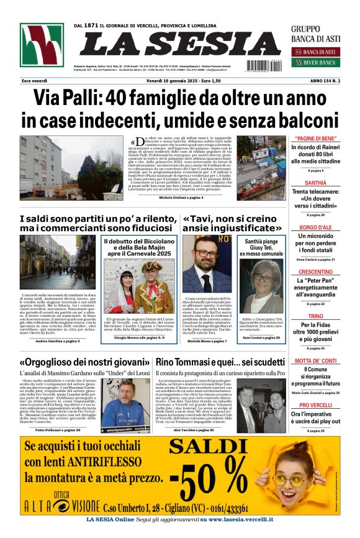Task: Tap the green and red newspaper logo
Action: click(42, 45)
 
